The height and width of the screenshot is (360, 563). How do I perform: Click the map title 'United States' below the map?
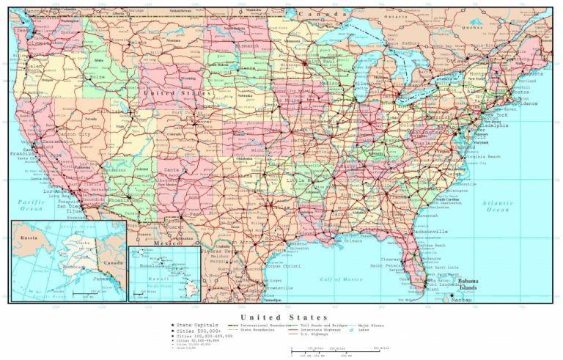281,317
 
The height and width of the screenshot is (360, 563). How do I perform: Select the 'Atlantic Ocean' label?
498,206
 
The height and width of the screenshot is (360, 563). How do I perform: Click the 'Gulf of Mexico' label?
342,279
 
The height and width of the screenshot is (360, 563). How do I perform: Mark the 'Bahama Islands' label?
468,284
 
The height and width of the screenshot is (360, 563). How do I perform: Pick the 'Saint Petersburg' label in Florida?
386,265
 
